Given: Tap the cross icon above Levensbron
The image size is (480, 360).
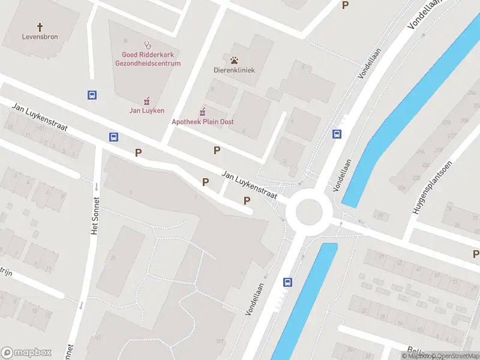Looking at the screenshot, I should (41, 27).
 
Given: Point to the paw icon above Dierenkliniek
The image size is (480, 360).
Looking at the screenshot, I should (233, 59).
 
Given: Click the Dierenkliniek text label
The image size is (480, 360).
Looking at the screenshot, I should (234, 70).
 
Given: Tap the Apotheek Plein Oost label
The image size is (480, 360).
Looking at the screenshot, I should (202, 122).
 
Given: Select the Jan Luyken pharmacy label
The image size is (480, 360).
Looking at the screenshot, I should (147, 110).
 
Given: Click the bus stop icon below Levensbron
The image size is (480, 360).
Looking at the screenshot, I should (92, 95).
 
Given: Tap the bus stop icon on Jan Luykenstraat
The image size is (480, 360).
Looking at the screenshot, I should (113, 137).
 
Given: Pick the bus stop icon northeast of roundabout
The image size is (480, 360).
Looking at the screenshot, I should (337, 134).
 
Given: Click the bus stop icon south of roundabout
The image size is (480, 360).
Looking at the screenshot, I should (288, 282).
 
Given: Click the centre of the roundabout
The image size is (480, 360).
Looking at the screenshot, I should (309, 211).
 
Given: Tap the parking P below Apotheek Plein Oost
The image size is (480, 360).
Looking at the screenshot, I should (217, 150).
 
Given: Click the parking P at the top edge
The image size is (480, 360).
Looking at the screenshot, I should (345, 5).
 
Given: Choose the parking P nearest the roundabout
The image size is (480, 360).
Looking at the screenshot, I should (247, 200).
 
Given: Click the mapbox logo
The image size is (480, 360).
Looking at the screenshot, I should (27, 352).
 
